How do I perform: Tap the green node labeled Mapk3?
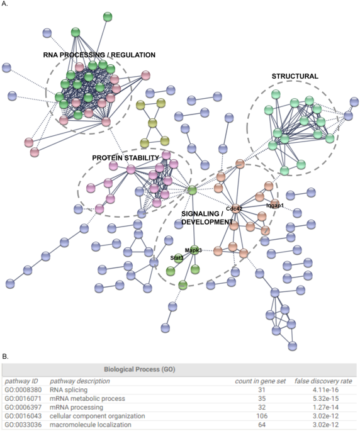(194, 250)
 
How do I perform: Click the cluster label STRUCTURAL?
(295, 76)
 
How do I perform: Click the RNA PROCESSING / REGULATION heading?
(99, 55)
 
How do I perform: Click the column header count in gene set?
(253, 381)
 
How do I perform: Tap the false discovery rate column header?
(323, 381)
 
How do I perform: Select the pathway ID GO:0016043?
(22, 416)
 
